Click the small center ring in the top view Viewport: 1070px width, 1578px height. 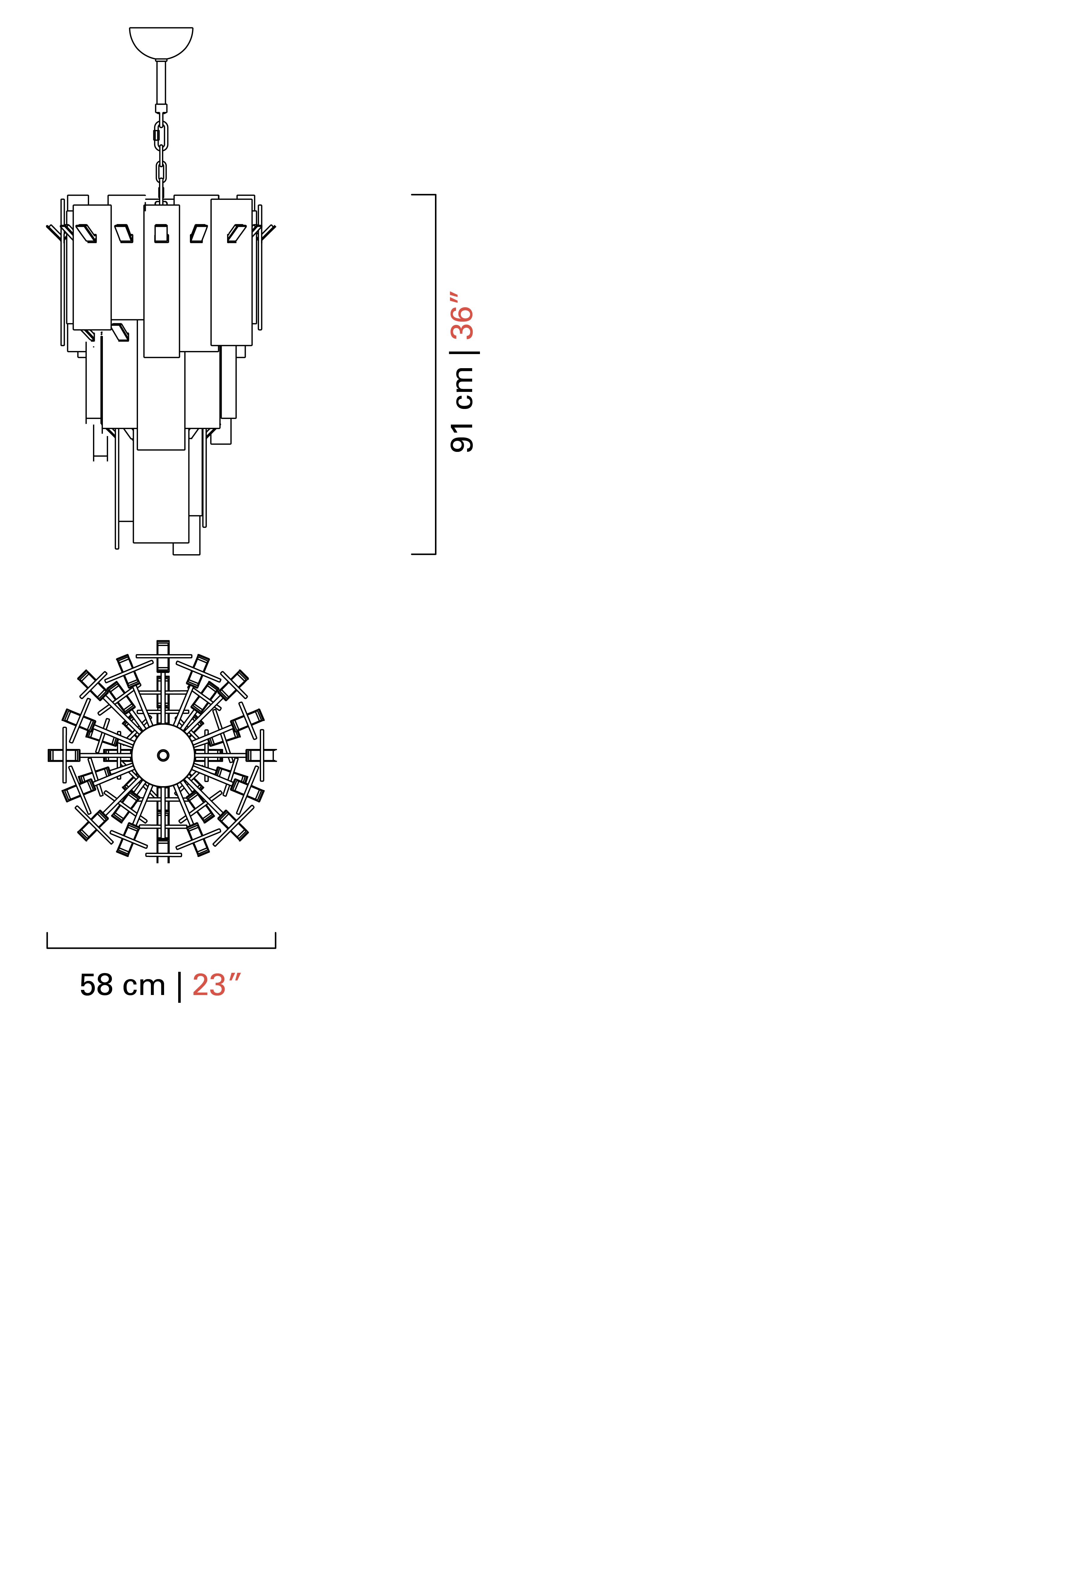[x=163, y=755]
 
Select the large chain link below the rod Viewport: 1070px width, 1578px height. [x=161, y=136]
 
